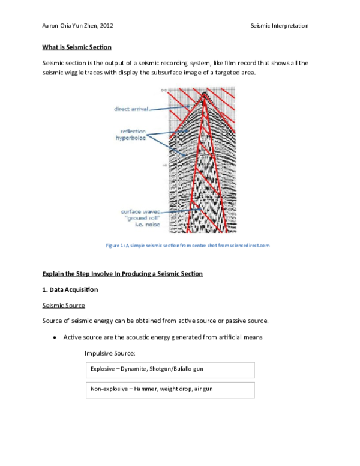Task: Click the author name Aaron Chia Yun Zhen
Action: [78, 26]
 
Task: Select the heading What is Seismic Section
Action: [77, 47]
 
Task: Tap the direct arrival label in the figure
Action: [131, 109]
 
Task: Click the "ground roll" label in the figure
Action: [139, 219]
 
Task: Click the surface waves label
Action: [139, 211]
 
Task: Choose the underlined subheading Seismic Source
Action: [64, 306]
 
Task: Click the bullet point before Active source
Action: [55, 337]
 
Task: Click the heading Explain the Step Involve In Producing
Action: [122, 274]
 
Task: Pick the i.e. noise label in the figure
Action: [139, 226]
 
